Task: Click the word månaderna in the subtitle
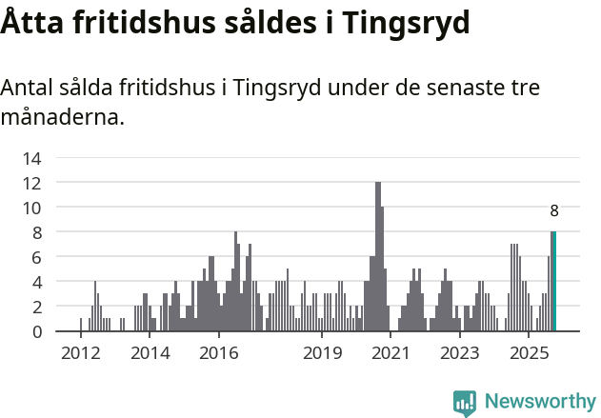[62, 118]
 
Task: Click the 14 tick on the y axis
[32, 158]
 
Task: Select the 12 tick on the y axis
[32, 183]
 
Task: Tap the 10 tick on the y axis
[32, 208]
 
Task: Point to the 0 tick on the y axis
[36, 331]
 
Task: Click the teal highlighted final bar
[554, 282]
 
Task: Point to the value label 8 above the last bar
[554, 211]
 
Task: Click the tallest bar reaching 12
[378, 257]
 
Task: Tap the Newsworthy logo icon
[465, 403]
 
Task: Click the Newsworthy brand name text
[539, 402]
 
